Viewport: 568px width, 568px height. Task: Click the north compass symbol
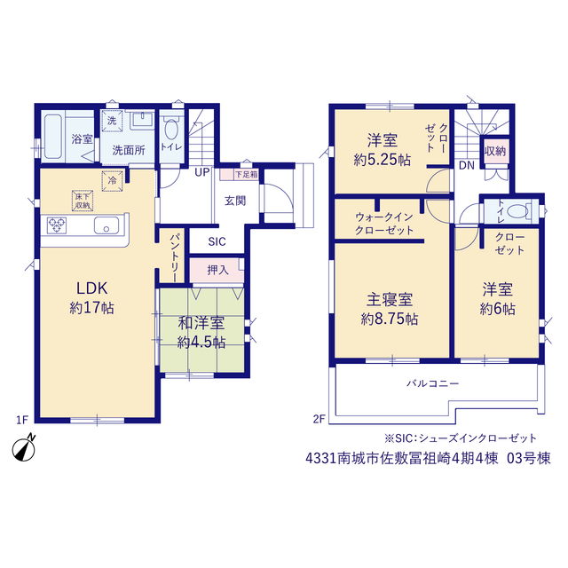pyautogui.click(x=24, y=448)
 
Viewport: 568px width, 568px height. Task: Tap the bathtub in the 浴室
pyautogui.click(x=53, y=137)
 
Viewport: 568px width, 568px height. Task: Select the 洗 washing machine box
pyautogui.click(x=112, y=121)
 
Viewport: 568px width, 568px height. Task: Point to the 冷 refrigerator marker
pyautogui.click(x=113, y=180)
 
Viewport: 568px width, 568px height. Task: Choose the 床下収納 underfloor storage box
pyautogui.click(x=83, y=201)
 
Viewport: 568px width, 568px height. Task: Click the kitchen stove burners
pyautogui.click(x=57, y=225)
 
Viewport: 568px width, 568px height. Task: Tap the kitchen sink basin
pyautogui.click(x=106, y=225)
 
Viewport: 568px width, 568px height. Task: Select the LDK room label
pyautogui.click(x=92, y=288)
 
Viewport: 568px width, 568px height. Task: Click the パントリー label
pyautogui.click(x=174, y=257)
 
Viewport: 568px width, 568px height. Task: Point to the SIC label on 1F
pyautogui.click(x=217, y=241)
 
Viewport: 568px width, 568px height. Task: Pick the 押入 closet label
pyautogui.click(x=217, y=270)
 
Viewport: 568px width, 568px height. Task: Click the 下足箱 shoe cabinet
pyautogui.click(x=240, y=174)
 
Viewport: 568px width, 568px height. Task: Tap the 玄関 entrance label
pyautogui.click(x=235, y=201)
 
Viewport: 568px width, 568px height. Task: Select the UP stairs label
pyautogui.click(x=202, y=172)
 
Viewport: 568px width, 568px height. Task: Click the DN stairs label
pyautogui.click(x=467, y=166)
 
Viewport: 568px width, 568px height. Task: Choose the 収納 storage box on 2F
pyautogui.click(x=495, y=151)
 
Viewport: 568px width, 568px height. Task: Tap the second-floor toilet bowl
pyautogui.click(x=518, y=211)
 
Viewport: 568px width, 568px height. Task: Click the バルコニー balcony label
pyautogui.click(x=433, y=383)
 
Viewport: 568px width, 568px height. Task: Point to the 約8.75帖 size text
pyautogui.click(x=390, y=319)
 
